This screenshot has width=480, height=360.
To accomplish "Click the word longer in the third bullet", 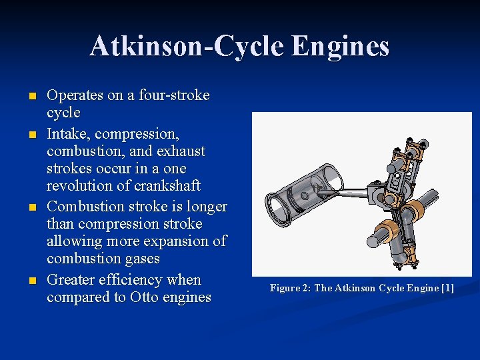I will point(205,206).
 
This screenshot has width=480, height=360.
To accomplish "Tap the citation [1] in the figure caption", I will point(446,288).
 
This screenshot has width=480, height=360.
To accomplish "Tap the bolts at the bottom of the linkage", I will point(401,265).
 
